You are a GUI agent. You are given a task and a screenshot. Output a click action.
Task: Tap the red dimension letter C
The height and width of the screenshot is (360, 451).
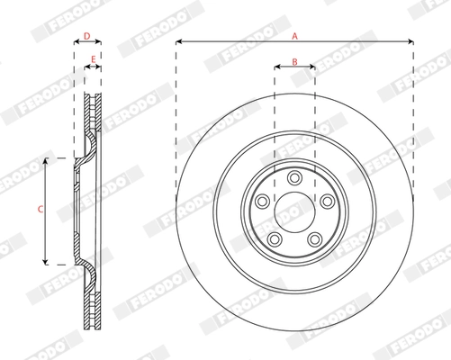point(39,209)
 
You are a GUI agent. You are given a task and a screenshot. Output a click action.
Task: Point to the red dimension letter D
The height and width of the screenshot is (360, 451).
point(86,37)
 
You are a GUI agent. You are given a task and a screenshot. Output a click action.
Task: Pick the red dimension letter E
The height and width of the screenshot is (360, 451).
point(94,61)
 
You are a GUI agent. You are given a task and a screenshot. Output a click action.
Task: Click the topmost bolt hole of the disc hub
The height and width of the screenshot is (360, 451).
point(294,175)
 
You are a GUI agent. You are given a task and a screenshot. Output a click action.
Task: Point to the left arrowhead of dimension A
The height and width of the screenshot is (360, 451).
point(178,41)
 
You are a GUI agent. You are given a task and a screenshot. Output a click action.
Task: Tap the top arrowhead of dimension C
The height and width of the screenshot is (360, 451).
point(46,160)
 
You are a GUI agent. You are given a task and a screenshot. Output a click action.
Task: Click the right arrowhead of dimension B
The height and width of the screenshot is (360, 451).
point(312,67)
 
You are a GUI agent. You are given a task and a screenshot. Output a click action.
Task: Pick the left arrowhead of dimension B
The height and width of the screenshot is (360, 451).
point(275,67)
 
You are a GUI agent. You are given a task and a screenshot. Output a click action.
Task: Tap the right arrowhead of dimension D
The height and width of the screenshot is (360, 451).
point(99,41)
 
